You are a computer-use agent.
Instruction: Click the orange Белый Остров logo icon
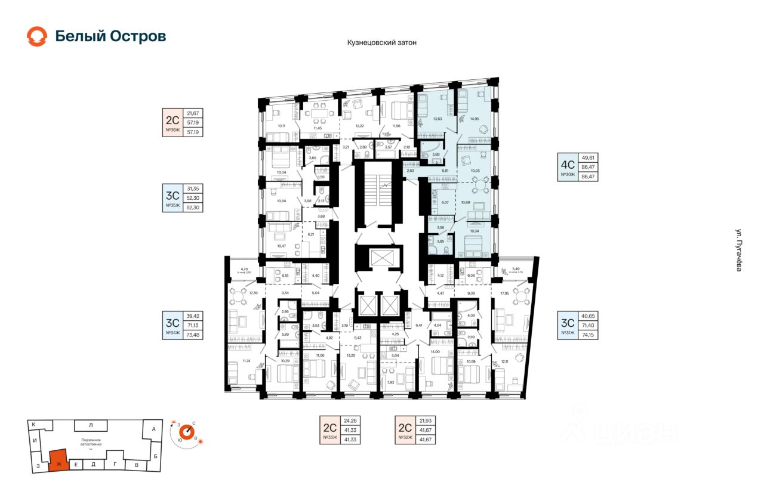click(37, 36)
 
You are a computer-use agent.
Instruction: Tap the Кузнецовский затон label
click(381, 43)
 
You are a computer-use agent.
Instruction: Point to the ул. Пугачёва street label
click(738, 250)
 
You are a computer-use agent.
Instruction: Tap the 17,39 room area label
click(253, 293)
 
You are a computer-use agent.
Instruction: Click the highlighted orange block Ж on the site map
click(58, 462)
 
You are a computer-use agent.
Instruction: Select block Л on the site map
click(91, 425)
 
